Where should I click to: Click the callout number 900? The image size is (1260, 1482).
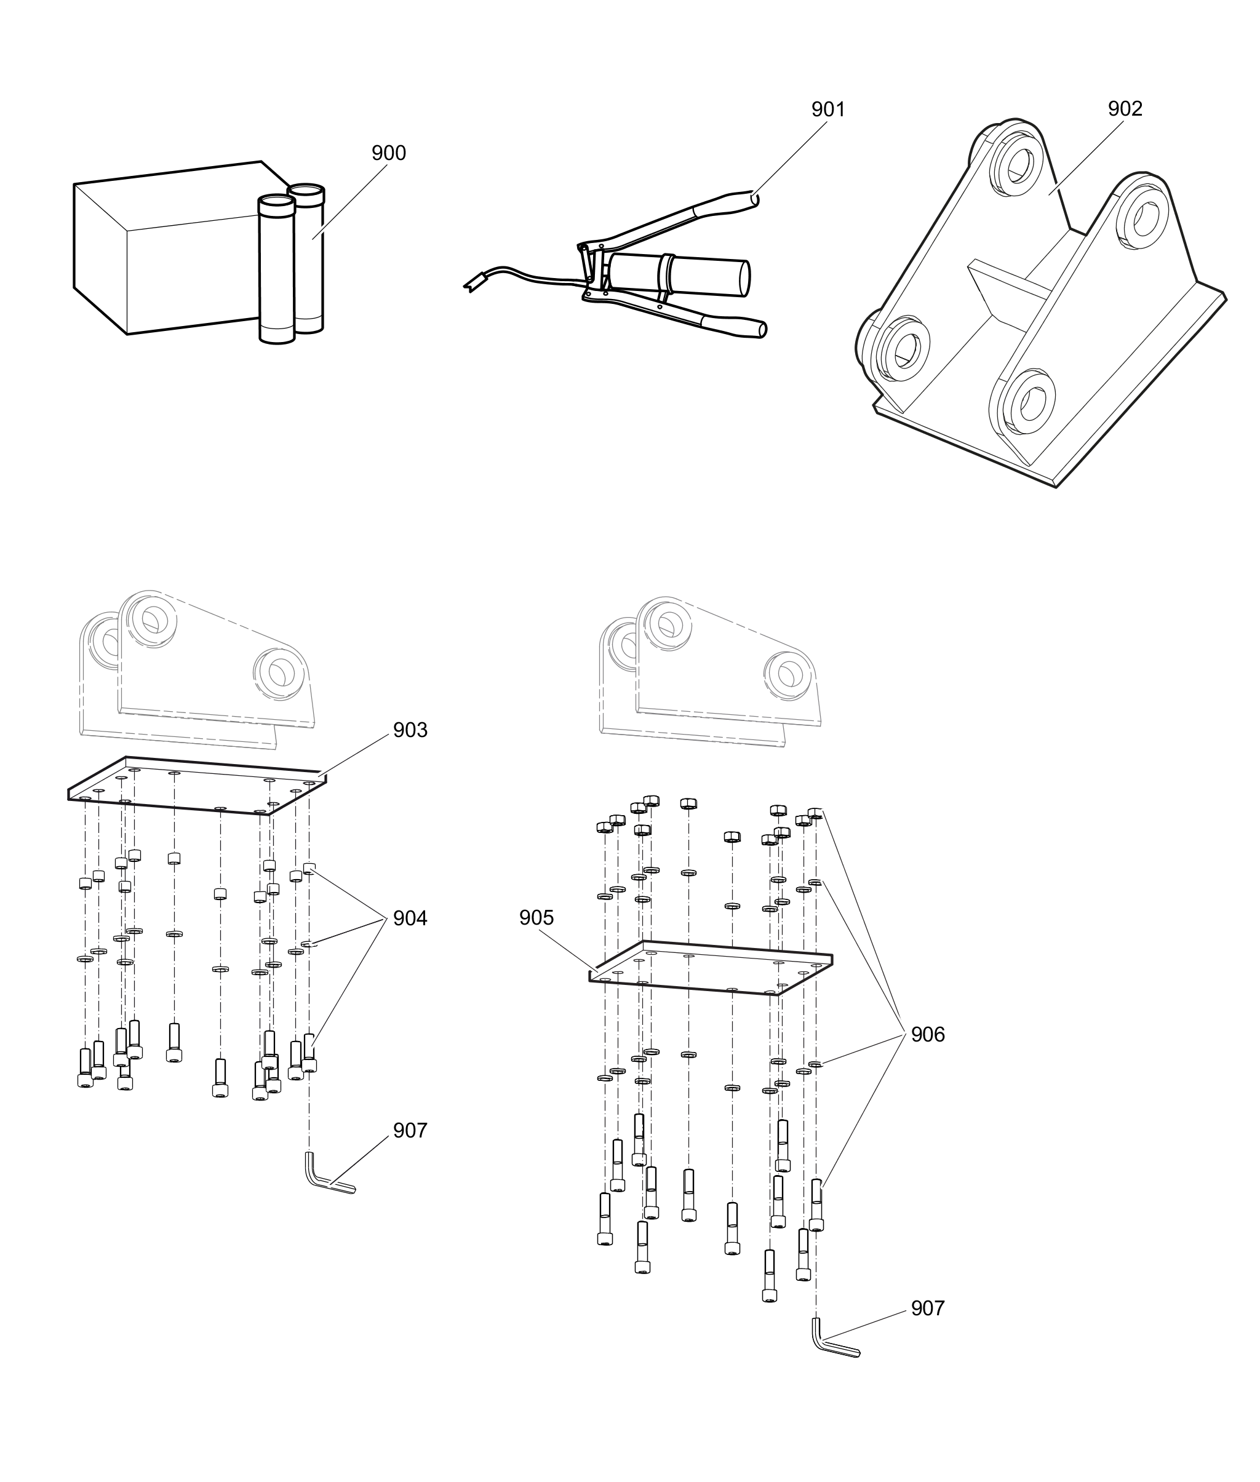[389, 153]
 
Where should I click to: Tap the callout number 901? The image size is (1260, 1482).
[828, 110]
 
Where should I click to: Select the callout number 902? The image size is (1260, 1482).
[1125, 108]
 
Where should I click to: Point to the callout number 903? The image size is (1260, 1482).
[410, 730]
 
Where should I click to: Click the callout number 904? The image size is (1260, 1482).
[410, 918]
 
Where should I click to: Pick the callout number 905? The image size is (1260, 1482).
[536, 918]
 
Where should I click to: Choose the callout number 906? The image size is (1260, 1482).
[927, 1034]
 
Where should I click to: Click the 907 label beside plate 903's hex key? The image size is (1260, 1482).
[410, 1131]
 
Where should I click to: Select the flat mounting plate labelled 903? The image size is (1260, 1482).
[197, 786]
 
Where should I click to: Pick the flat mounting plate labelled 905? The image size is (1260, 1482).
[711, 968]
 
